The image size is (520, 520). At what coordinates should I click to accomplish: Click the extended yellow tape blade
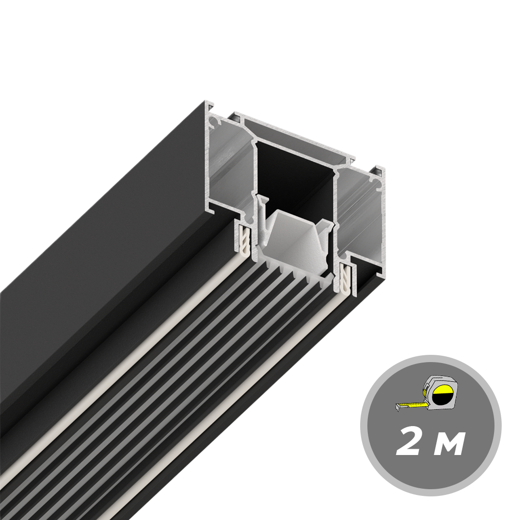coord(412,404)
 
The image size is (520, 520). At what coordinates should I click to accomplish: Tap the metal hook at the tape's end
coord(398,408)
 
